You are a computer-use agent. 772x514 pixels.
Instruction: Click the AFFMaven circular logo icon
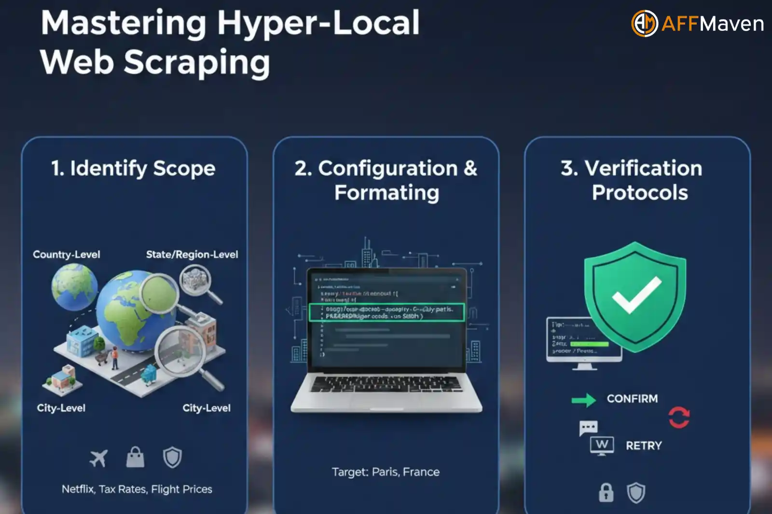point(645,23)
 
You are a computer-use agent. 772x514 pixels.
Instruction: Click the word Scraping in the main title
point(197,63)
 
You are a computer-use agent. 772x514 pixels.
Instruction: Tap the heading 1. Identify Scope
point(133,168)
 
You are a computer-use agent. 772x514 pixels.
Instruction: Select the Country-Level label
point(67,255)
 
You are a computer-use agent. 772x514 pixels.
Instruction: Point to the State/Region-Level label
point(192,255)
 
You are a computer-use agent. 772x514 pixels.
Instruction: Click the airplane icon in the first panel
point(99,458)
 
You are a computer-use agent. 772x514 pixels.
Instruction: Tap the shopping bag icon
point(135,457)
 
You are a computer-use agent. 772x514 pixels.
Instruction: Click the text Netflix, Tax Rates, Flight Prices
point(137,489)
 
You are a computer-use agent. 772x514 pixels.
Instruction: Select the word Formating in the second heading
point(386,193)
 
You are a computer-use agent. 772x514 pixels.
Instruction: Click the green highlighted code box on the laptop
point(386,312)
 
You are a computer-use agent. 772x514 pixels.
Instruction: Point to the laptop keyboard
point(386,384)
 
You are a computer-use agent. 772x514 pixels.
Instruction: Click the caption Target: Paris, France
point(386,472)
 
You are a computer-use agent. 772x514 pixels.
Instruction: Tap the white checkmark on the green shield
point(636,294)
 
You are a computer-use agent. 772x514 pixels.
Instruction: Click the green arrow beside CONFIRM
point(584,400)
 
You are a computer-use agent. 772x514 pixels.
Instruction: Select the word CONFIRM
point(632,399)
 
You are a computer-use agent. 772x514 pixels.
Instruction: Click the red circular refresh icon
point(679,417)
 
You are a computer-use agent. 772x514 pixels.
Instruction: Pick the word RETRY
point(644,446)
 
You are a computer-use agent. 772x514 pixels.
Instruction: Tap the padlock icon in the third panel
point(606,493)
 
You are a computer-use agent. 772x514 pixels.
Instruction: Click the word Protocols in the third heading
point(640,193)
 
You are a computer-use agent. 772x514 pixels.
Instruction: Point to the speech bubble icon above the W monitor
point(588,428)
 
